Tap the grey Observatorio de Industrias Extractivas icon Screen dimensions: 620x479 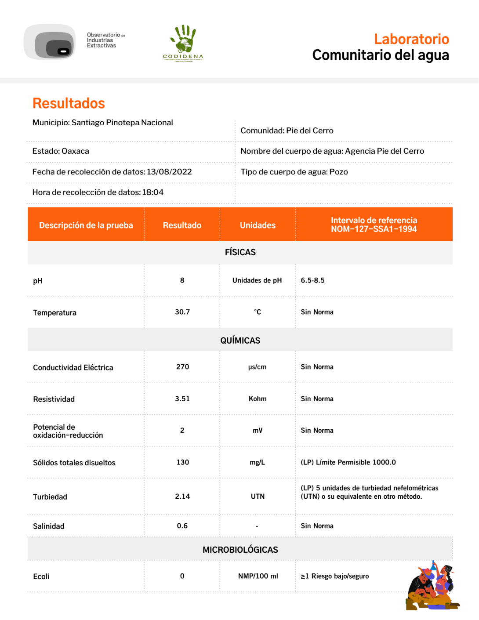[x=50, y=42]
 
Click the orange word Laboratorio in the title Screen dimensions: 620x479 [x=411, y=39]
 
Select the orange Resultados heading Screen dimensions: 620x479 [x=69, y=103]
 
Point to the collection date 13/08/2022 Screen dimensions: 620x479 [x=169, y=172]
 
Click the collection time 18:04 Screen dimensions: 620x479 [x=152, y=192]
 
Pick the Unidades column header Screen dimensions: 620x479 [x=258, y=225]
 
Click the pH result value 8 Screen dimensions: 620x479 [x=182, y=280]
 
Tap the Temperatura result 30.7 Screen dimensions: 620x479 [x=182, y=312]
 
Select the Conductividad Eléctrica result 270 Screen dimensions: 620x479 [x=182, y=367]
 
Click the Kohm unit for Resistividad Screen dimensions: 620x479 [x=258, y=399]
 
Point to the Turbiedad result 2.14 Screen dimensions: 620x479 [x=182, y=497]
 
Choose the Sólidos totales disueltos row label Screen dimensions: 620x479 [x=74, y=463]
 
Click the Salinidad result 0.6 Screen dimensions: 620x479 [x=182, y=526]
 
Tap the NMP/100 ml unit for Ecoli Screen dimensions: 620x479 [x=258, y=576]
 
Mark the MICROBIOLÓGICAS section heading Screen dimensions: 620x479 [x=240, y=550]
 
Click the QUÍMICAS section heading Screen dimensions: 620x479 [x=240, y=341]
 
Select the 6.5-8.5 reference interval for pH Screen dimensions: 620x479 [x=312, y=280]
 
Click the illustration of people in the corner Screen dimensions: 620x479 [x=432, y=587]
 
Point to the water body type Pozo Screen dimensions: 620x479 [x=338, y=172]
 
